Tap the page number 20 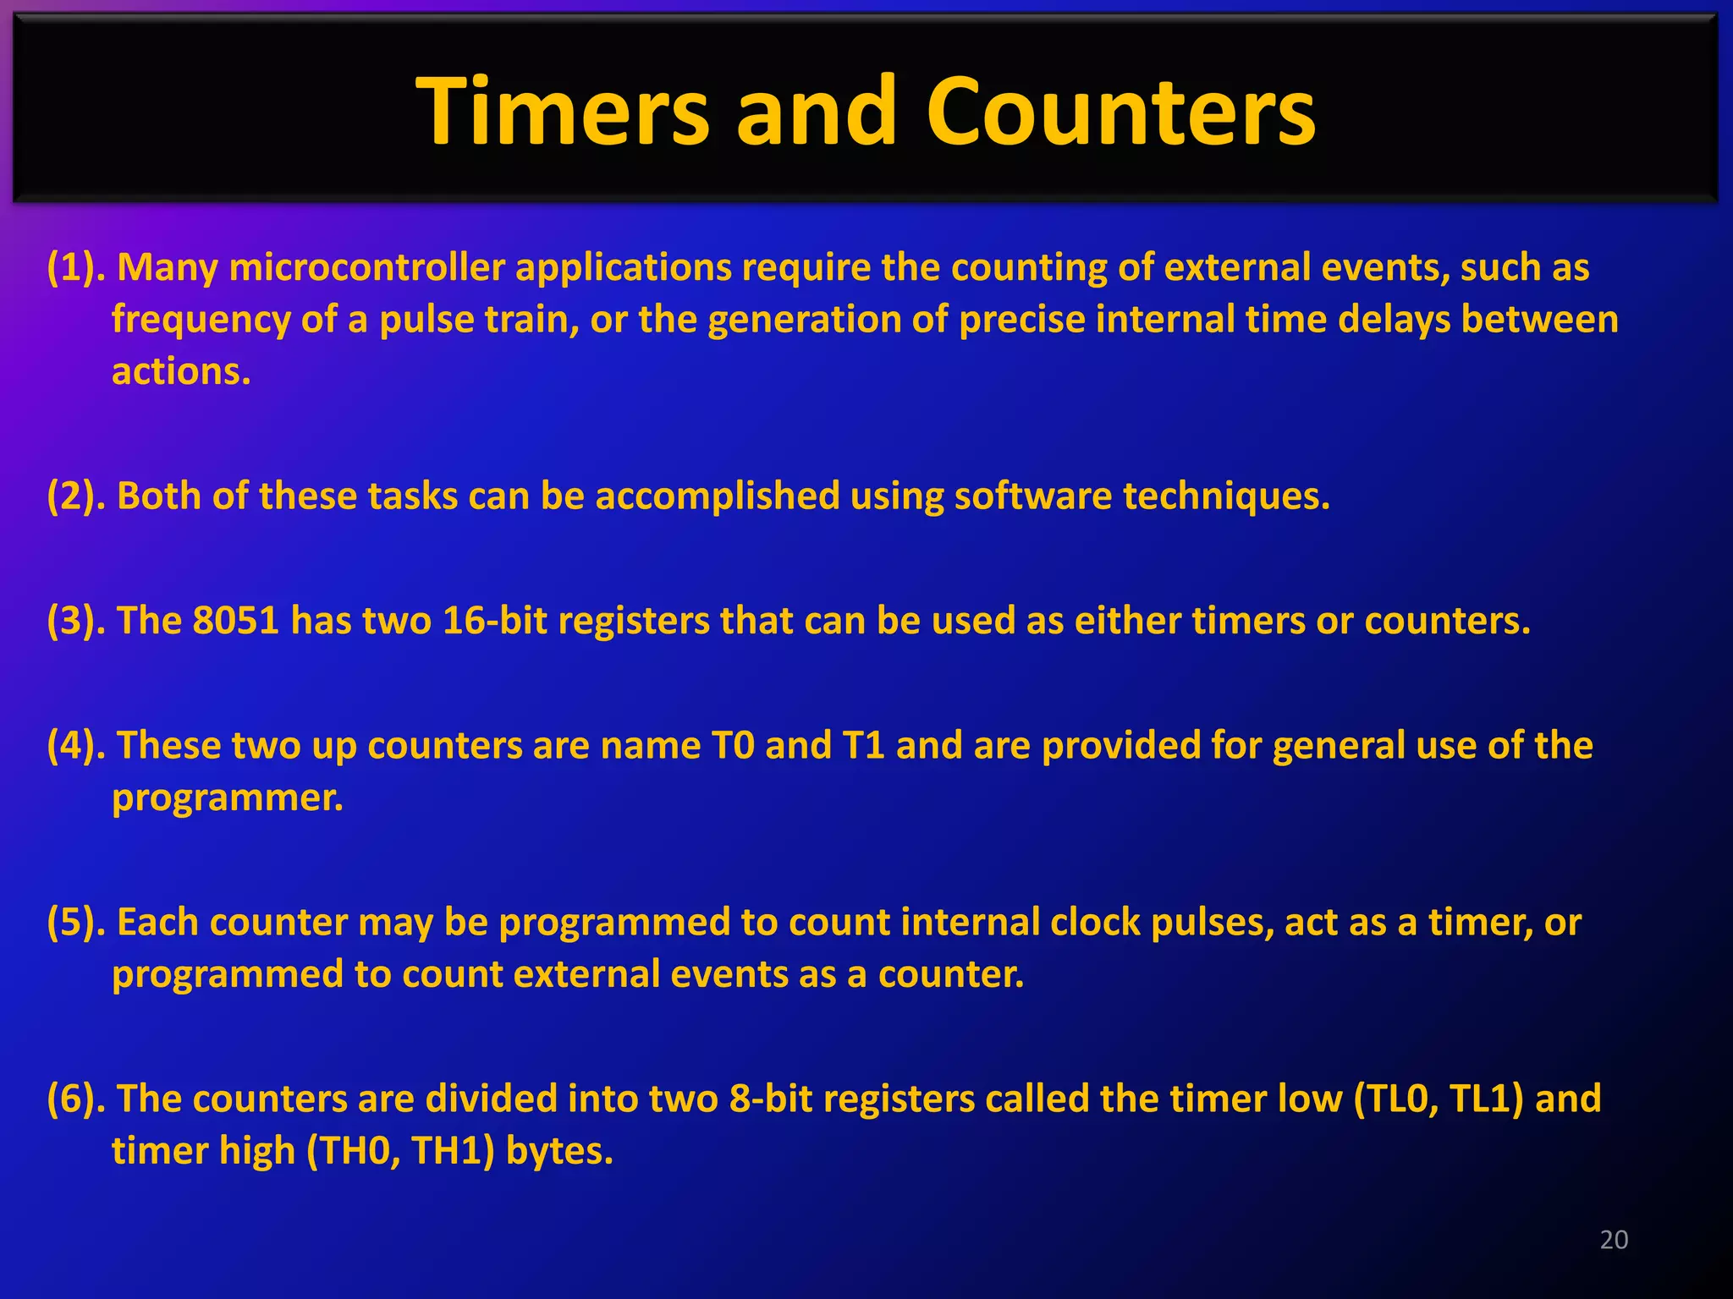[1614, 1240]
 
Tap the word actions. [180, 372]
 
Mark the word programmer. [227, 798]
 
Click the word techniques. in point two [1226, 496]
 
